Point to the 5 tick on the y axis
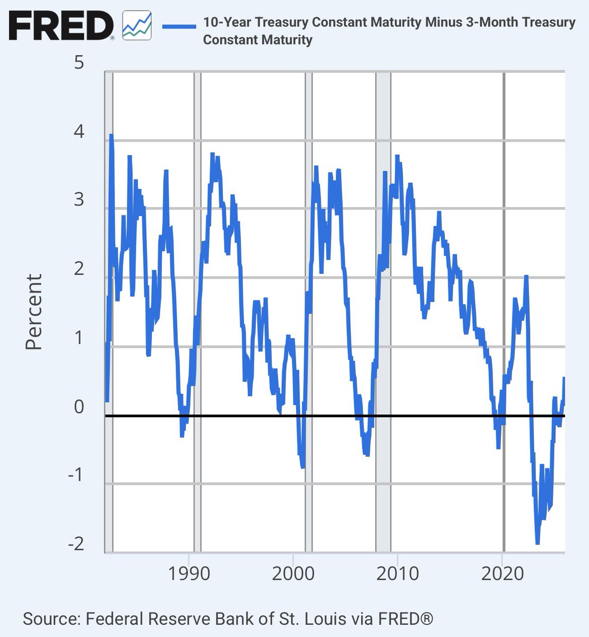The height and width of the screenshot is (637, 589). [x=80, y=63]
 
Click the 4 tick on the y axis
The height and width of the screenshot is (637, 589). [x=80, y=132]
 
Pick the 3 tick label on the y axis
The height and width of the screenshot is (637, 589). [x=80, y=200]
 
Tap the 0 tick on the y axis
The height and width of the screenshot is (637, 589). [x=80, y=407]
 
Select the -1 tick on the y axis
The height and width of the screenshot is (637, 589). [x=75, y=475]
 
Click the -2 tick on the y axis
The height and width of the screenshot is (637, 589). [x=75, y=544]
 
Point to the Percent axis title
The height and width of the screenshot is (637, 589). [x=34, y=312]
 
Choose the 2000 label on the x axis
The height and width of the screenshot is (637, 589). [x=293, y=574]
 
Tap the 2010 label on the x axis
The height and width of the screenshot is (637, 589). [x=397, y=574]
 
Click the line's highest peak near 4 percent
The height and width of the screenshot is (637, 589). [x=111, y=135]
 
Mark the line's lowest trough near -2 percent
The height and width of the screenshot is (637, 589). [x=538, y=543]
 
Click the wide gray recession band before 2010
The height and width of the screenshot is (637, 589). [x=384, y=265]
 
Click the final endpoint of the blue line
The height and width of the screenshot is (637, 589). [x=564, y=378]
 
